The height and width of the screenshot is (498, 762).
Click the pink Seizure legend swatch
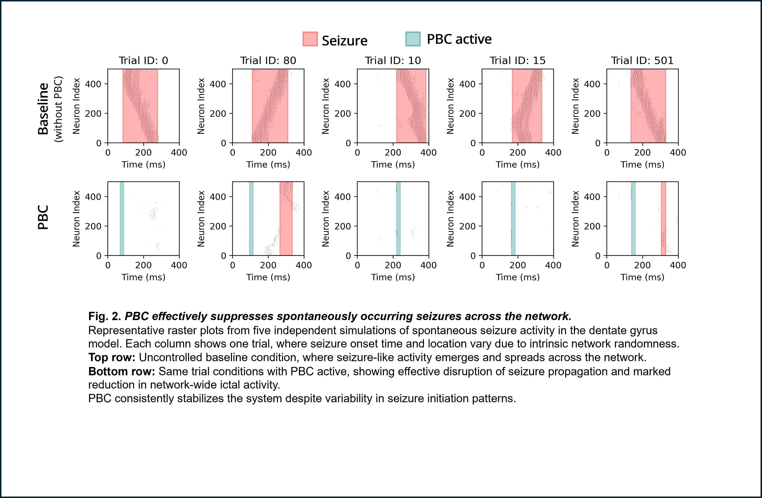310,39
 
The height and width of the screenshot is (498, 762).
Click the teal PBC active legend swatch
413,39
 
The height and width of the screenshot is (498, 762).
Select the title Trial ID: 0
144,61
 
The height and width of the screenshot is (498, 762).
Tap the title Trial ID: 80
268,61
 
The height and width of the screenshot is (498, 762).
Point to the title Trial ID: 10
393,61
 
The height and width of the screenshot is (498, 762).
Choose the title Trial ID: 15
517,61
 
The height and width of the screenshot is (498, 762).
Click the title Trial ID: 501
642,61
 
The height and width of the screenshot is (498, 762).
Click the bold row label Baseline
43,109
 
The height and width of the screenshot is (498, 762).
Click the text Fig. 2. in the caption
105,316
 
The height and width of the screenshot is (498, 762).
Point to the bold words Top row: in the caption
112,357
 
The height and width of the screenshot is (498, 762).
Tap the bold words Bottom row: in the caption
122,371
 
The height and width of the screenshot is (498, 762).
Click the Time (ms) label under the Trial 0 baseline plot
144,165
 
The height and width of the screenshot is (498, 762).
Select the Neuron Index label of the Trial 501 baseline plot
575,106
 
